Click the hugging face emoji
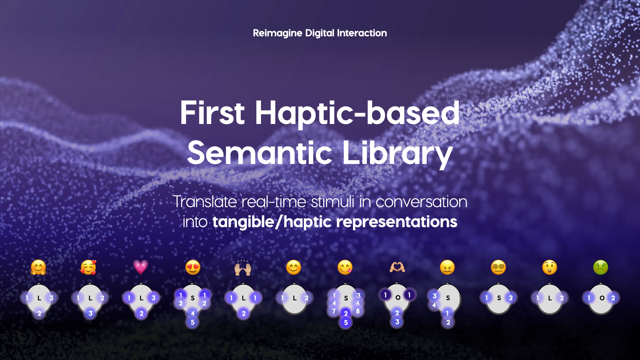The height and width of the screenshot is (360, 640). pos(38,267)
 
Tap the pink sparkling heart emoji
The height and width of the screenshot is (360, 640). pos(141,267)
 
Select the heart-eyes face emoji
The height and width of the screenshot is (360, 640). pos(193,267)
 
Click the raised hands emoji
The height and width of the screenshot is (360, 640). pos(243,268)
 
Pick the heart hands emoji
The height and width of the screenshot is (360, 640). pos(397,267)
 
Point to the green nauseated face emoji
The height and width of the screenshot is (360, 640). pos(601,267)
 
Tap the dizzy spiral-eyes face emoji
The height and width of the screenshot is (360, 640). pos(499,267)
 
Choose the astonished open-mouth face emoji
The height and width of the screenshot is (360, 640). pos(550,267)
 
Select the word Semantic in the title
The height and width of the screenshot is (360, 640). pos(260,153)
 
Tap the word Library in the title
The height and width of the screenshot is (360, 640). pos(398,154)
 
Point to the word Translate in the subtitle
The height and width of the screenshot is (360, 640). pos(205,202)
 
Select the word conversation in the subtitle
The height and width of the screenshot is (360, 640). pos(421,202)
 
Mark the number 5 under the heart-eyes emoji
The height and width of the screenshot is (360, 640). pos(193,322)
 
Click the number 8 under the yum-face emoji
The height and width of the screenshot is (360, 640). pos(358,311)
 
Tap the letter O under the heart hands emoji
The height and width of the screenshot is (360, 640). pos(398,298)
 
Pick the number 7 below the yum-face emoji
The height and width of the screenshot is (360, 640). pos(334,311)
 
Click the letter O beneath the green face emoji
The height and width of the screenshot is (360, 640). pos(602,298)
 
